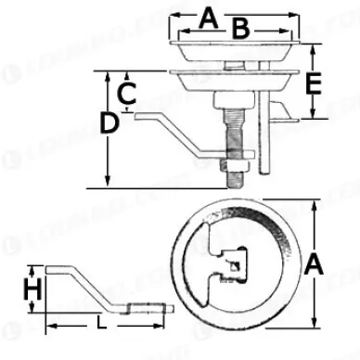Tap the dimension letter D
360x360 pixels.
coord(109,122)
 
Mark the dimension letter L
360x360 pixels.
coord(99,324)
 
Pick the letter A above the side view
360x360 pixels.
coord(210,16)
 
